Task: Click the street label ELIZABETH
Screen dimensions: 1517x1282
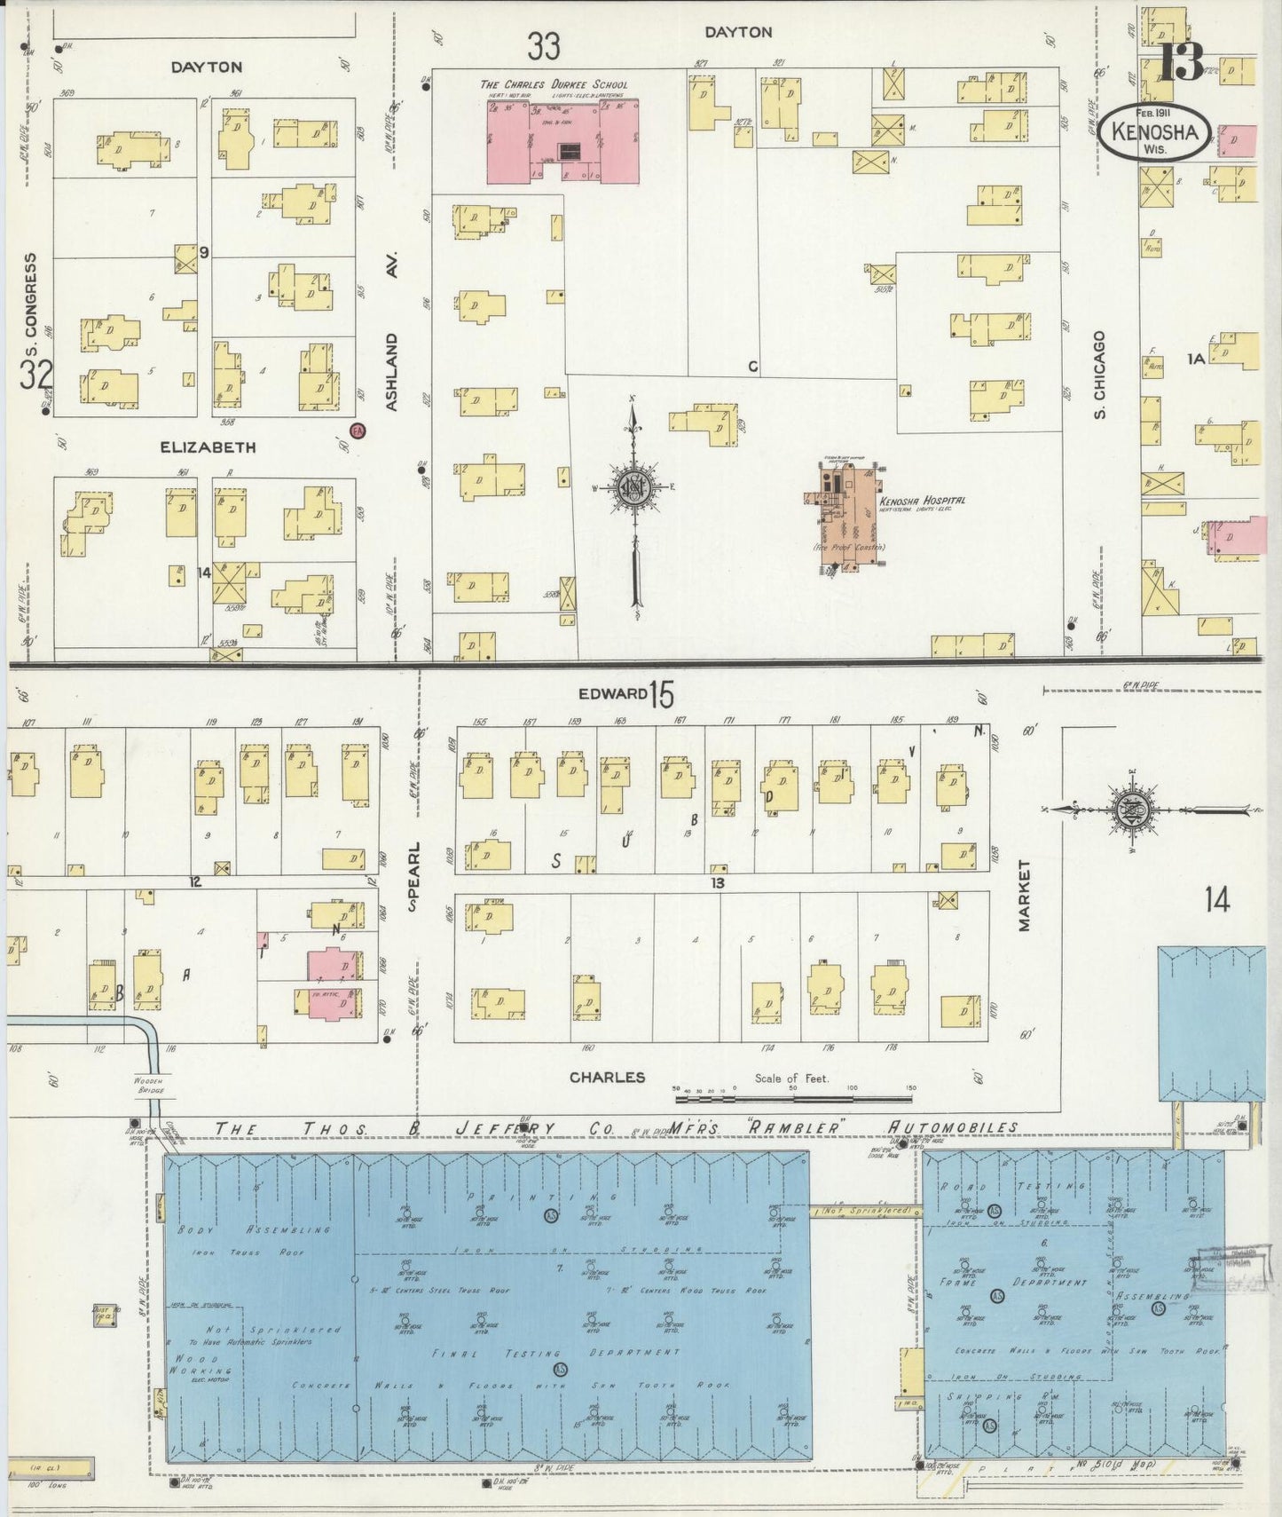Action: (208, 447)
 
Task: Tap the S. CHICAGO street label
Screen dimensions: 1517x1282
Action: (1100, 375)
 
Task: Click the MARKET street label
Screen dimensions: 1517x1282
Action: (1025, 895)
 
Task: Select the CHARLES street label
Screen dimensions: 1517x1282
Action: (607, 1077)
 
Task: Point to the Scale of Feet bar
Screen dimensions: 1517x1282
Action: (794, 1099)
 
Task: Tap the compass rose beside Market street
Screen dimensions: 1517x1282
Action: (1135, 810)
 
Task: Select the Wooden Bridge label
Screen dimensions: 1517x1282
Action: (151, 1084)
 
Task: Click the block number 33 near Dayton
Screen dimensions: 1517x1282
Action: (543, 46)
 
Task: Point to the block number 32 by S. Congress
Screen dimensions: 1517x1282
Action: (36, 375)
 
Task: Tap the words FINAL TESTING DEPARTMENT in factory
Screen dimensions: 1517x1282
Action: (556, 1353)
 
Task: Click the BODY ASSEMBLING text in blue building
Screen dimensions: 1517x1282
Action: (254, 1230)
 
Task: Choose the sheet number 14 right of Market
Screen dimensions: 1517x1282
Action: (1217, 901)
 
